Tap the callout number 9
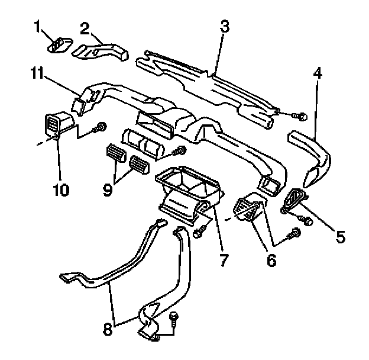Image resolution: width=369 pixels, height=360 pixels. (x=108, y=190)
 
